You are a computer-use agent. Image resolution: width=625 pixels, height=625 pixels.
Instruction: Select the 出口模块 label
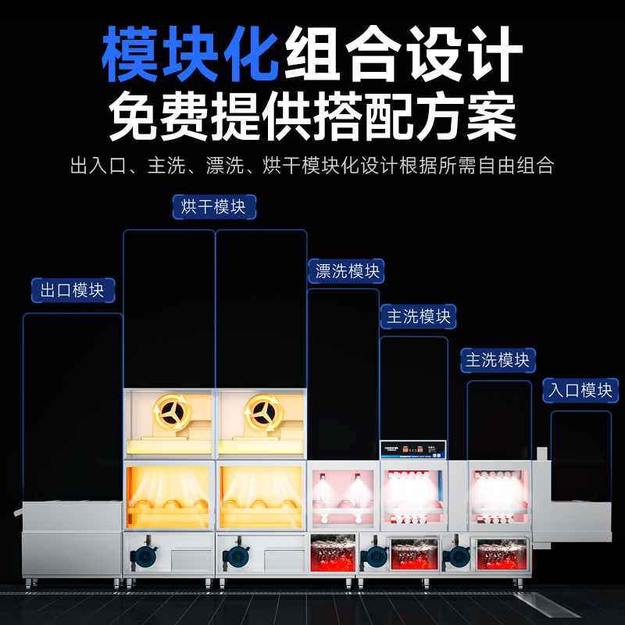pyautogui.click(x=73, y=291)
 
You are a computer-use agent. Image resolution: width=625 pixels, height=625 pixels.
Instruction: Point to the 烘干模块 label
pyautogui.click(x=213, y=206)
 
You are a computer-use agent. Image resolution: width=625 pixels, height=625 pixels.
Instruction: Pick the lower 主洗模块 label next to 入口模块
pyautogui.click(x=498, y=360)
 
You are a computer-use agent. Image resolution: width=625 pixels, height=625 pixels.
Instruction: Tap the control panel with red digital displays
pyautogui.click(x=412, y=449)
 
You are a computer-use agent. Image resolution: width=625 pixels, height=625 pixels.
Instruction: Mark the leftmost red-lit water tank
pyautogui.click(x=334, y=555)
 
